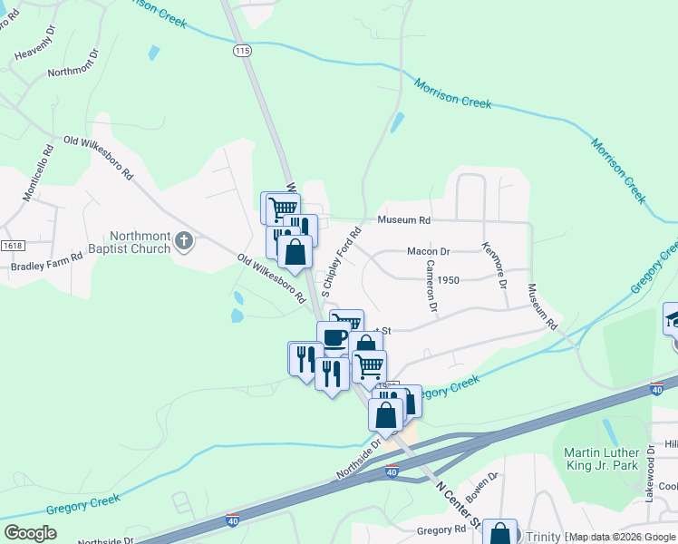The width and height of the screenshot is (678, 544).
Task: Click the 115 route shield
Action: [x=240, y=53]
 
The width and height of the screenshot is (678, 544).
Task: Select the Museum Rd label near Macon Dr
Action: [x=403, y=220]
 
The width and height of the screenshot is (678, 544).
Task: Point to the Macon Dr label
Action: [x=429, y=251]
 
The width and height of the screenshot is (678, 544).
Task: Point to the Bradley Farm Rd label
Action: [x=46, y=267]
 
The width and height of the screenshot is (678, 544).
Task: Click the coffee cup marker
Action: [x=334, y=338]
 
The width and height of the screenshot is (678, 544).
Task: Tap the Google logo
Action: [x=31, y=532]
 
